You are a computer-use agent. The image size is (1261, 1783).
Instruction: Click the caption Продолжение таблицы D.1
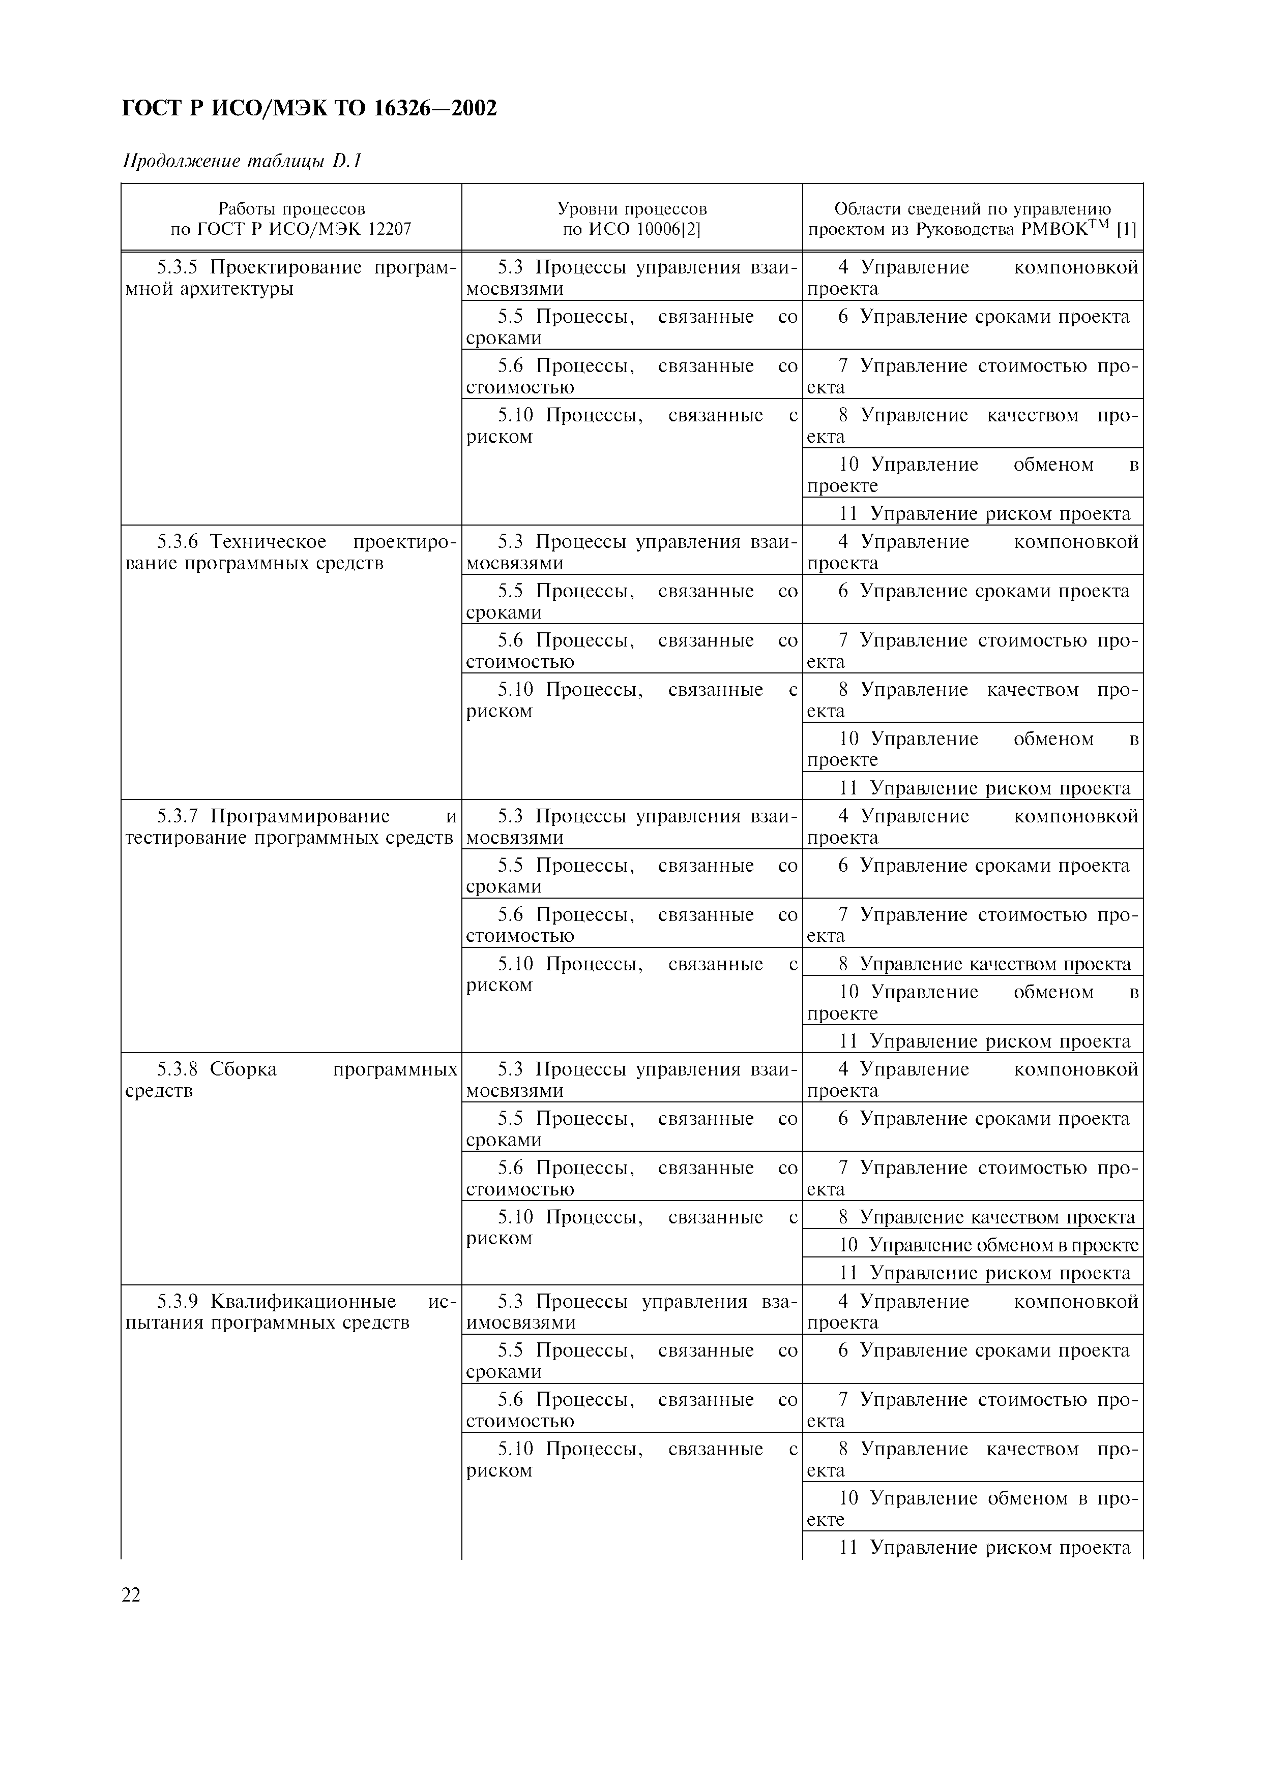pos(243,162)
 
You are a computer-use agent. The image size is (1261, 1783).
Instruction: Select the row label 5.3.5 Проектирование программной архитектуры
pos(290,278)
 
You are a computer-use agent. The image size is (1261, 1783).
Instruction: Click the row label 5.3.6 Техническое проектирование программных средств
pos(290,552)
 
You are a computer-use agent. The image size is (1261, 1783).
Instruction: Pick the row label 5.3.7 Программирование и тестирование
pos(290,826)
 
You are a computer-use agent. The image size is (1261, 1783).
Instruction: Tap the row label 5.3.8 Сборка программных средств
pos(290,1080)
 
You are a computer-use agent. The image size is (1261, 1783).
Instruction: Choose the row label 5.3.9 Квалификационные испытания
pos(290,1312)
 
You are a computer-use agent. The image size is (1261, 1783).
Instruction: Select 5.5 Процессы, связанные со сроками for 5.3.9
pos(632,1361)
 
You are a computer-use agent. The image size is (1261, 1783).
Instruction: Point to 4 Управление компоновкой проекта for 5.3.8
pos(972,1080)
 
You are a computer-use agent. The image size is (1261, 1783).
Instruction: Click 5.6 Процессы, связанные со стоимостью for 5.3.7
pos(632,925)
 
